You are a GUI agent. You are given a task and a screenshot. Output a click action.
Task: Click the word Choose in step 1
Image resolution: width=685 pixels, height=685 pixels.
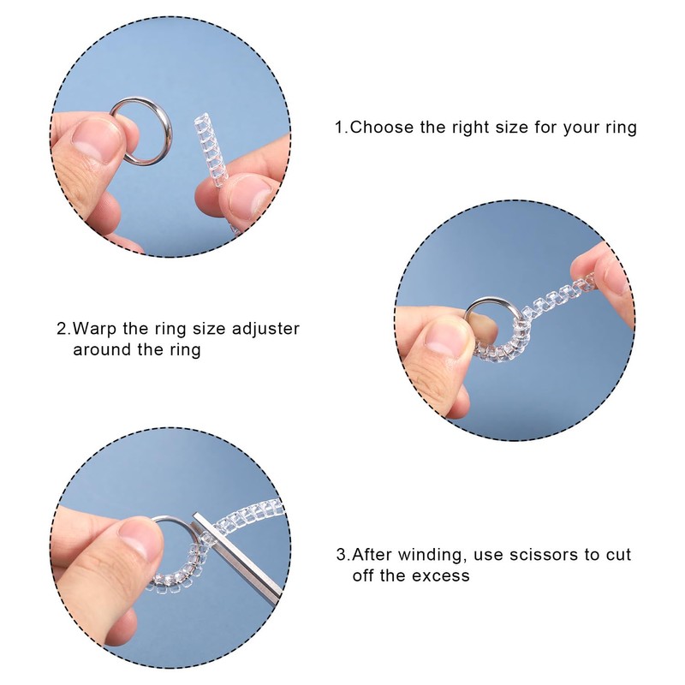[379, 128]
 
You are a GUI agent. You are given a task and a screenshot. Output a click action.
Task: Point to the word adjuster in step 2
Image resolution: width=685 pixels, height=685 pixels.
[265, 329]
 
